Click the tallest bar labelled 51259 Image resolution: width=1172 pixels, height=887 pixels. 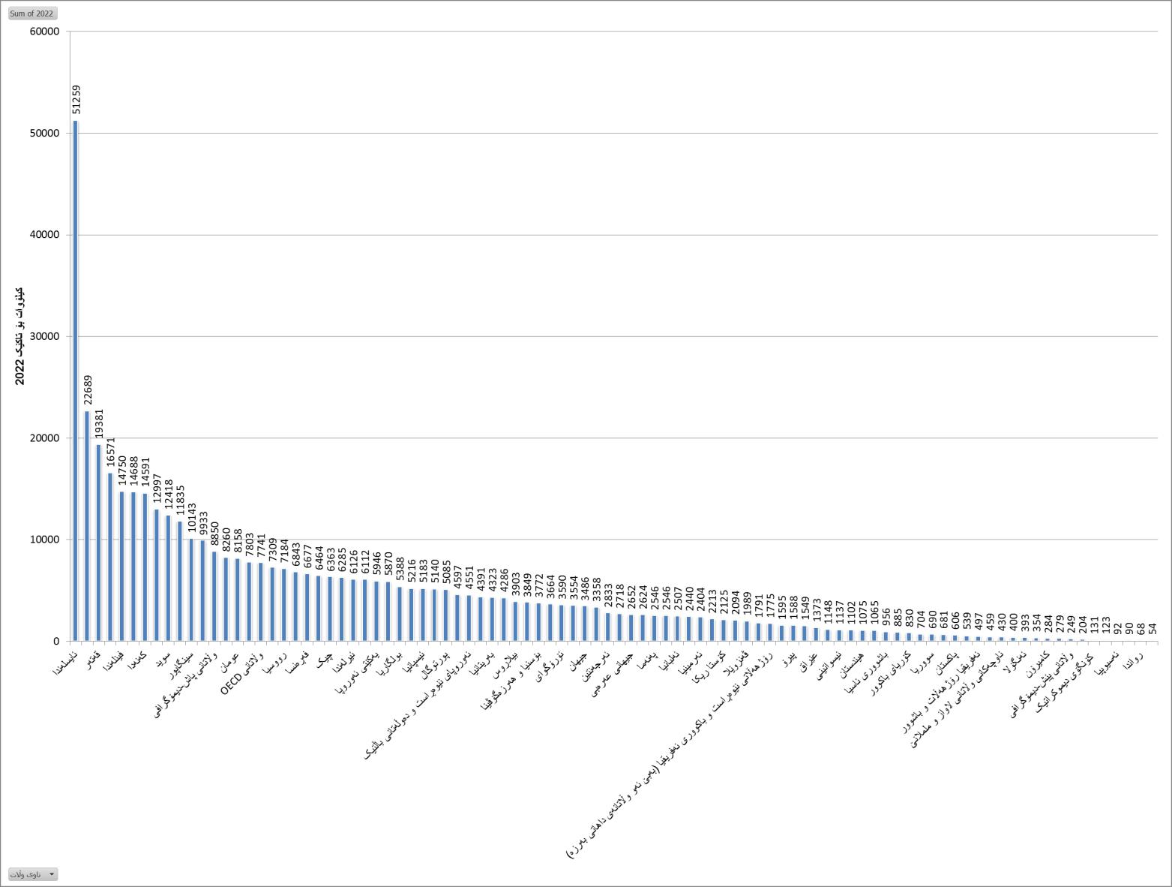point(75,380)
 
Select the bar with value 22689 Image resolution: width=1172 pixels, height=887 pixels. point(87,525)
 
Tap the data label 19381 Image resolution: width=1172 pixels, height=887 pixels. point(99,423)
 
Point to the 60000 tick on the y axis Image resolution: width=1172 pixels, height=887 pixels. point(44,32)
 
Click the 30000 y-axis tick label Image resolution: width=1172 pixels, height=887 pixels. point(44,336)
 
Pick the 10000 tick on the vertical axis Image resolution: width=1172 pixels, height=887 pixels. point(44,540)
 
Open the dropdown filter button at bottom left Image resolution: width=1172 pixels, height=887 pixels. point(33,874)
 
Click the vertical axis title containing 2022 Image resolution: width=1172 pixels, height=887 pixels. point(20,335)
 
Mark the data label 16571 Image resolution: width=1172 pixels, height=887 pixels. point(111,453)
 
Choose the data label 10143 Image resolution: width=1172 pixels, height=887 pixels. point(192,519)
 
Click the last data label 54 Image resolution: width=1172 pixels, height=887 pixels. point(1153,629)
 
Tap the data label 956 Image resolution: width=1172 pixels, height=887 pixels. point(886,617)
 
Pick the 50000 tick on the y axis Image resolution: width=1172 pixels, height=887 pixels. point(44,133)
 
